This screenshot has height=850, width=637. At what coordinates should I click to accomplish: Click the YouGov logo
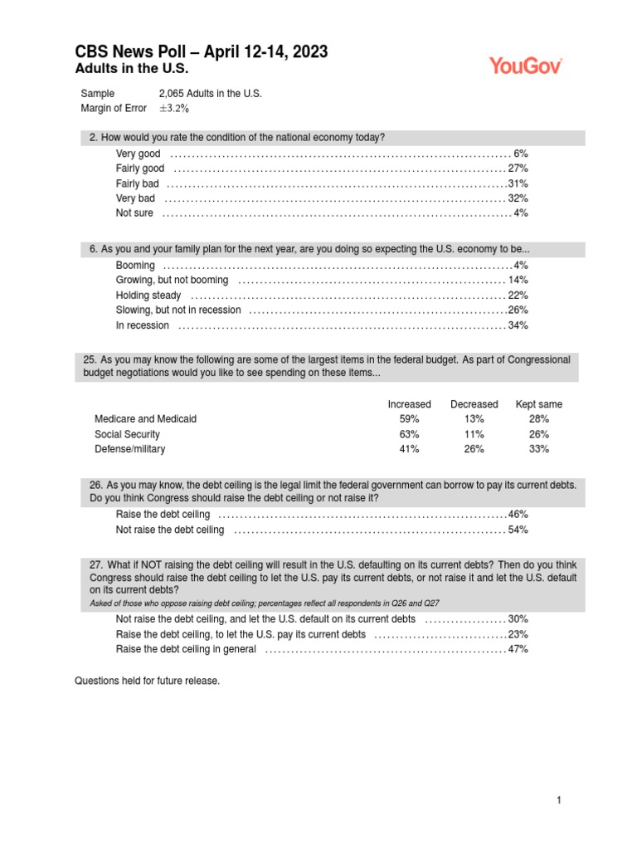[526, 66]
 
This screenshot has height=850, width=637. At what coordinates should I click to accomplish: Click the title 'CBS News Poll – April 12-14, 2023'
[201, 52]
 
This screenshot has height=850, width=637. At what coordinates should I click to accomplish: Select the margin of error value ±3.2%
[174, 108]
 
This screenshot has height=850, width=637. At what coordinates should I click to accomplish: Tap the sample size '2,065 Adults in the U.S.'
[210, 94]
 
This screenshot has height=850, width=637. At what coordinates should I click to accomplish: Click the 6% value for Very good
[521, 154]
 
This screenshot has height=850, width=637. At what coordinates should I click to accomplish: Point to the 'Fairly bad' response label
[138, 183]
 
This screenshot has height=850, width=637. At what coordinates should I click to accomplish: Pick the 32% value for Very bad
[518, 198]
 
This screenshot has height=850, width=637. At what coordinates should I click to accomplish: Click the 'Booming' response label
[135, 265]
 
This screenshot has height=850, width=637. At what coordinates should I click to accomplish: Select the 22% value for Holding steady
[518, 295]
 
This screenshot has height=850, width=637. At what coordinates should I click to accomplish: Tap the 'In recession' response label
[143, 325]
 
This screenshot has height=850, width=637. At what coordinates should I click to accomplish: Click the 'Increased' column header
[409, 404]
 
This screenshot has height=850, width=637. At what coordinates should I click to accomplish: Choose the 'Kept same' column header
[539, 404]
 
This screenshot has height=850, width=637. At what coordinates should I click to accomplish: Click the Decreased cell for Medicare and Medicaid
[474, 419]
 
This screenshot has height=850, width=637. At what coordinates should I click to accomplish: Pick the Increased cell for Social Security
[409, 434]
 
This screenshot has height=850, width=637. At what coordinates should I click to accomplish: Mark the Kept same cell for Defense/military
[539, 449]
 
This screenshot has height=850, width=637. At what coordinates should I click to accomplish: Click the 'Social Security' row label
[128, 434]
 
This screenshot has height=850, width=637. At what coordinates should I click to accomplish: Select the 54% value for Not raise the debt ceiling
[518, 530]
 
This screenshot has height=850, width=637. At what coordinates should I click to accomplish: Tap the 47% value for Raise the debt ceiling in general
[518, 649]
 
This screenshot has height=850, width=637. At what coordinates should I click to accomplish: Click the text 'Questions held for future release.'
[148, 681]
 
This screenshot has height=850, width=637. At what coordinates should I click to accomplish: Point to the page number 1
[559, 800]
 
